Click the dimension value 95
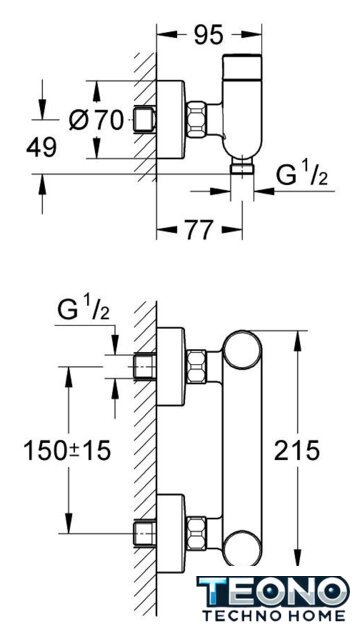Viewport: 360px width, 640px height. (208, 35)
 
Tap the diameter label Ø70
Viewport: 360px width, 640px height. (96, 120)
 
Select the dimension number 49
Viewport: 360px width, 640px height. (41, 147)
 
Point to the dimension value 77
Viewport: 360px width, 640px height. (199, 230)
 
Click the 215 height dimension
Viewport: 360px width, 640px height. (297, 451)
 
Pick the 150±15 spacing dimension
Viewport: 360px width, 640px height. (67, 451)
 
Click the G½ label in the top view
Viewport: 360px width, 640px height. (302, 176)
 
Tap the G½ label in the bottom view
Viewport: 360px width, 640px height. (84, 311)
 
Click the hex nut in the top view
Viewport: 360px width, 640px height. (197, 121)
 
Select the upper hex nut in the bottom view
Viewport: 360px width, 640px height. (197, 366)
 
